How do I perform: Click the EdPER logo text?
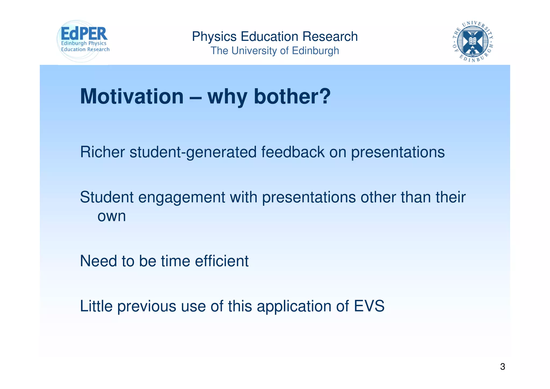click(x=84, y=34)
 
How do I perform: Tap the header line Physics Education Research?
click(x=275, y=37)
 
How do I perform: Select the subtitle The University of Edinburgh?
click(x=274, y=51)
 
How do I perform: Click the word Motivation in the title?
click(x=132, y=97)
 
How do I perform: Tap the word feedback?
click(x=293, y=152)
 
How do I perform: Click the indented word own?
click(x=111, y=216)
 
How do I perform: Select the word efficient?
click(x=222, y=261)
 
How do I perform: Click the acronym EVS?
click(x=369, y=306)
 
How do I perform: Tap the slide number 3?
click(x=502, y=367)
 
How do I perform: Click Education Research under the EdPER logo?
click(x=85, y=49)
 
